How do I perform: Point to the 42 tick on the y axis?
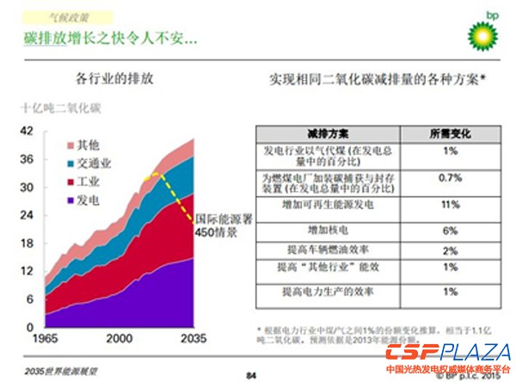26,131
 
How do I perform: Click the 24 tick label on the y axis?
26,214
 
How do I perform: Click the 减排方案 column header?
324,134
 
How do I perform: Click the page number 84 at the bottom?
252,373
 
